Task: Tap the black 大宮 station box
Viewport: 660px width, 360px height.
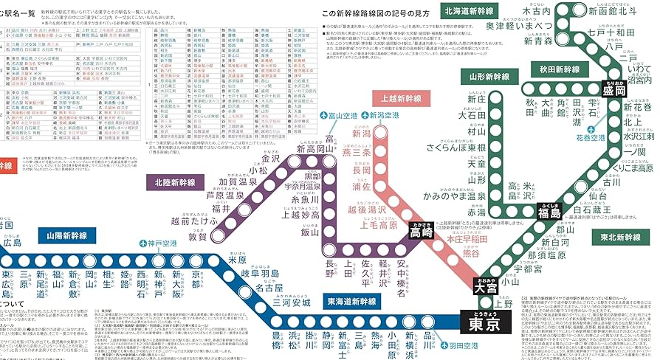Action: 484,287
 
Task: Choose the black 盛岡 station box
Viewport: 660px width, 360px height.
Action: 614,91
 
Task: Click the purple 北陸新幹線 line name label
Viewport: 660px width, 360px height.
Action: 175,182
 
